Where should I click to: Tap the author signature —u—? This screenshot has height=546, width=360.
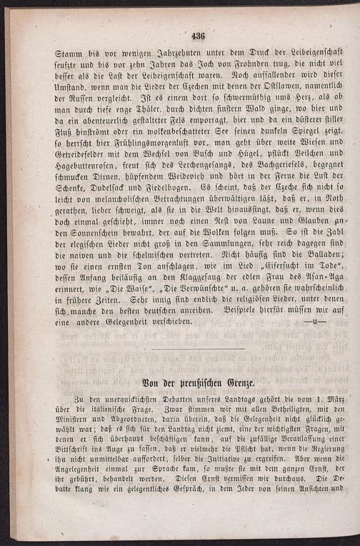point(314,321)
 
